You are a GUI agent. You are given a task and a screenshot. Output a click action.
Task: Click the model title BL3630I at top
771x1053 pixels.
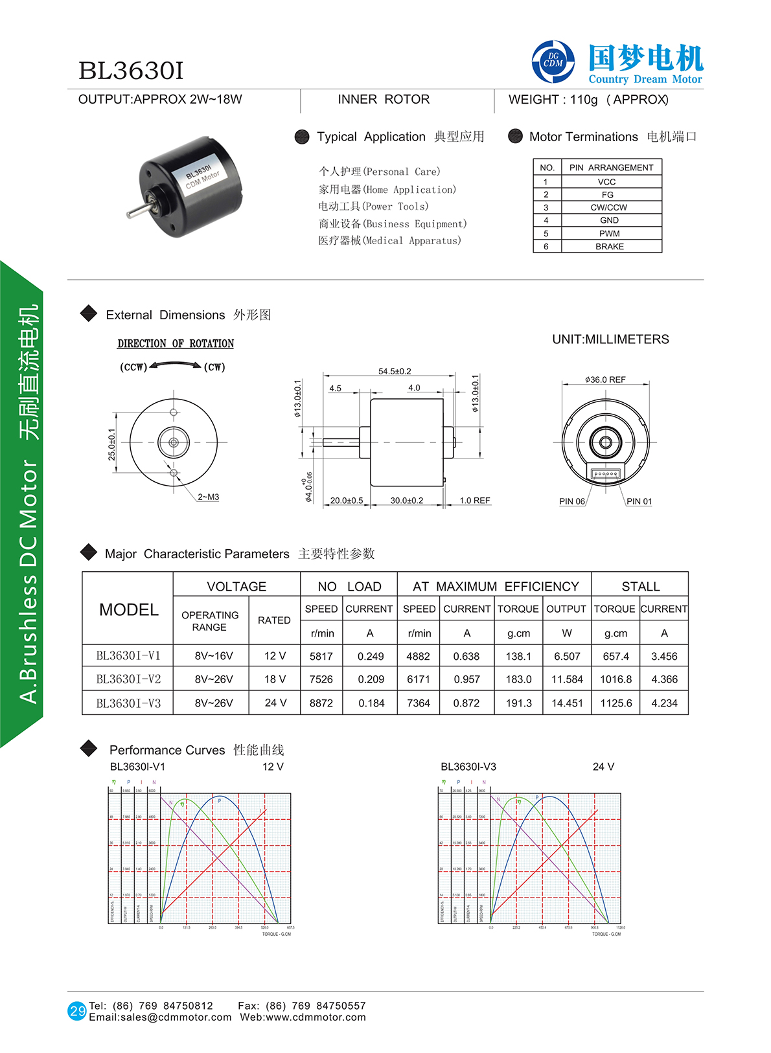tap(131, 71)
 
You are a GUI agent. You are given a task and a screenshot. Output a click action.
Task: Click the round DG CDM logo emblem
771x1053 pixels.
tap(553, 62)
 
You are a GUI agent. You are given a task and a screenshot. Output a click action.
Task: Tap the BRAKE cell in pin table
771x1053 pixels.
tap(610, 247)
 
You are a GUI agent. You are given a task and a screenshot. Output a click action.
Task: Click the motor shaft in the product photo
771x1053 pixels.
tap(136, 211)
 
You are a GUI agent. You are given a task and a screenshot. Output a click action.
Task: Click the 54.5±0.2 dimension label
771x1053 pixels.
tap(395, 371)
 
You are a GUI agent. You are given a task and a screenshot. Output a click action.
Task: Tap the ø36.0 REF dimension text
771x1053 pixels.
tap(605, 379)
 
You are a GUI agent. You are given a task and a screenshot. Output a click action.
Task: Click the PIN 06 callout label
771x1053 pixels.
tap(572, 501)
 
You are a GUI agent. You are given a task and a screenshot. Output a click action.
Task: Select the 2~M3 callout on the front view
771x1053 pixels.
tap(209, 497)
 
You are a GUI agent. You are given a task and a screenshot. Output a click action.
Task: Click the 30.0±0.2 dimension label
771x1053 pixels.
tap(407, 501)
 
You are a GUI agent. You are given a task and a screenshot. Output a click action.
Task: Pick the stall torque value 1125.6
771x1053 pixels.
tap(616, 703)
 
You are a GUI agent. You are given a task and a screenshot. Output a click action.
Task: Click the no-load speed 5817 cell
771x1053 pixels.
tap(321, 656)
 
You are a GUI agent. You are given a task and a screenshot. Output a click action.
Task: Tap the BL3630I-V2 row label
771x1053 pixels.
tap(128, 679)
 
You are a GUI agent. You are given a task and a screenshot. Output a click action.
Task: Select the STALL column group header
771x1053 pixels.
tap(640, 587)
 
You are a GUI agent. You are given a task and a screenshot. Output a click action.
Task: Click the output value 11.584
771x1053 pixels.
tap(567, 679)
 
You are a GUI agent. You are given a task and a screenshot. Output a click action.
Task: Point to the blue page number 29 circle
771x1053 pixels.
tap(77, 1011)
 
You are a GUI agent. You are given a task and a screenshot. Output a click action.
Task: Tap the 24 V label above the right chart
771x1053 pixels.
tap(603, 767)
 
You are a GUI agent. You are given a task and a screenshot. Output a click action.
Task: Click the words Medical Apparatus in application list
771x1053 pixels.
tap(412, 241)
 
